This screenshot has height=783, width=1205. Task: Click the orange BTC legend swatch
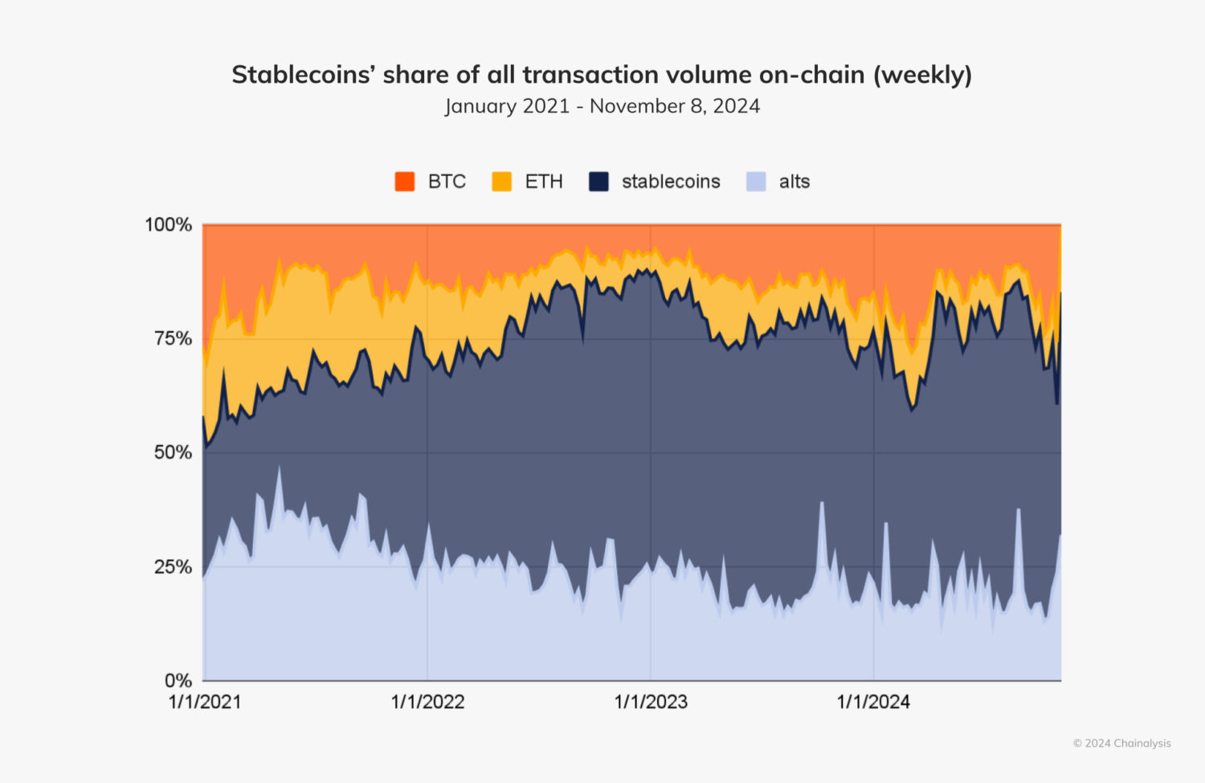pos(405,181)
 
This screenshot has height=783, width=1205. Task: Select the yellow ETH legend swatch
pos(502,181)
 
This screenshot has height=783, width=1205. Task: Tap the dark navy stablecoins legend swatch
pos(598,181)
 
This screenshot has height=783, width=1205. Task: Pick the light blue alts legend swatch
pos(756,181)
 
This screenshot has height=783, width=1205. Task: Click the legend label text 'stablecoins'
pos(671,181)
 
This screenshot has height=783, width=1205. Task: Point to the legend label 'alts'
pos(794,181)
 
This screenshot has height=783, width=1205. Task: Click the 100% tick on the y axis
pos(169,225)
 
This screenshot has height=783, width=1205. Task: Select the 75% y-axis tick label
pos(173,339)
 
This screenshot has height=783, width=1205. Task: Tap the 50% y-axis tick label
pos(173,453)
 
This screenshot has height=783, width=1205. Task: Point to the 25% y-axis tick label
pos(173,567)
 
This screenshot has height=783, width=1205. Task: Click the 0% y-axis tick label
pos(178,681)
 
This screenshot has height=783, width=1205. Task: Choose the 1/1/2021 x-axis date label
pos(205,702)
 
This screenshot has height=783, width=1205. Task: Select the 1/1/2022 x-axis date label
pos(427,702)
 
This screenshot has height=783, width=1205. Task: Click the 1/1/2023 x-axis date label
pos(651,702)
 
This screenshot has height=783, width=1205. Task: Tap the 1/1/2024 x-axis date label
pos(873,702)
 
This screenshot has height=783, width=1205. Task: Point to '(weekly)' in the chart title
pos(922,75)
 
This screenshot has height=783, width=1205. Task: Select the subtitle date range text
pos(602,106)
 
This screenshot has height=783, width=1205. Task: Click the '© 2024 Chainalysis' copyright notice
pos(1121,744)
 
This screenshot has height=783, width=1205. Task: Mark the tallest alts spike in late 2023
pos(821,504)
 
